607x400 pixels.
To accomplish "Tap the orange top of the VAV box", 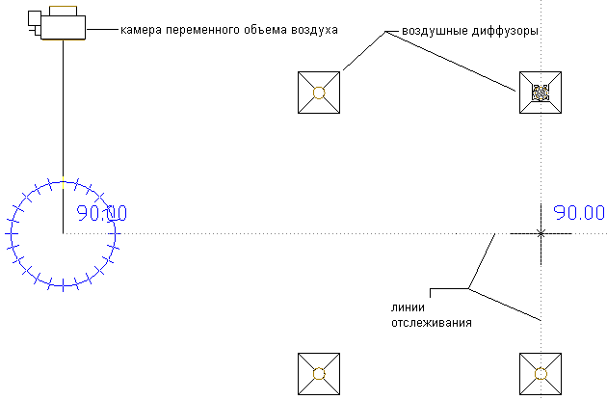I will [x=65, y=10].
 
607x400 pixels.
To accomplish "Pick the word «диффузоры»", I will [x=505, y=32].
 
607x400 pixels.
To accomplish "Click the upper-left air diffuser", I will [x=320, y=93].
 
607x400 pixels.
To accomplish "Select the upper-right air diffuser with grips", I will [x=541, y=93].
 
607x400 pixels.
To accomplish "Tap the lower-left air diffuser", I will [x=320, y=374].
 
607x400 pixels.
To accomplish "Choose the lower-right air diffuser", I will [x=541, y=374].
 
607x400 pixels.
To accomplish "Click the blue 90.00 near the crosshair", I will [x=579, y=212].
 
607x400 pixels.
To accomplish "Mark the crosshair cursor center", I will [x=541, y=233].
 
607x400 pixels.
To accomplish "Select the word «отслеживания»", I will [x=432, y=322].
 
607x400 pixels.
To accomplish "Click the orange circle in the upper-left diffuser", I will [x=320, y=93].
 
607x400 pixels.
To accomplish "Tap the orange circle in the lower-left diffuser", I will [x=320, y=374].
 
